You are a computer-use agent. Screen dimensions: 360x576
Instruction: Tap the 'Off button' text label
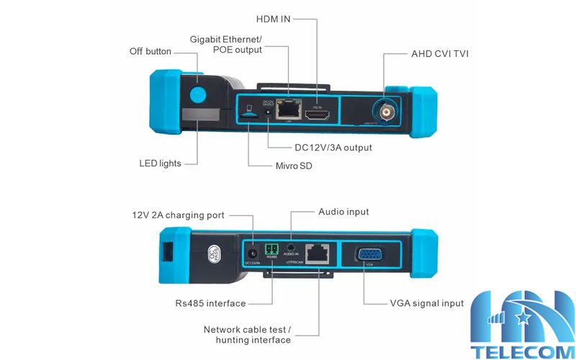coord(150,51)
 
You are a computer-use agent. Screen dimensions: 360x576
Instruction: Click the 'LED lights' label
coord(160,163)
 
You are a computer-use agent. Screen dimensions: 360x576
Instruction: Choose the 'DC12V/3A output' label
coord(328,148)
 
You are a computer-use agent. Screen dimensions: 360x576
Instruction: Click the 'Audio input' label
coord(343,212)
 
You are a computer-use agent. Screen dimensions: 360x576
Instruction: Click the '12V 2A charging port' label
coord(178,215)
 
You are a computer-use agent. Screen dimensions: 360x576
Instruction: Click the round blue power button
coord(197,95)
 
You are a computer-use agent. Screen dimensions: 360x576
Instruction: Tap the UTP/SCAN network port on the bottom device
coord(317,253)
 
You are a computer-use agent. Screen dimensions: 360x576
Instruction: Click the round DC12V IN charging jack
coord(253,254)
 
